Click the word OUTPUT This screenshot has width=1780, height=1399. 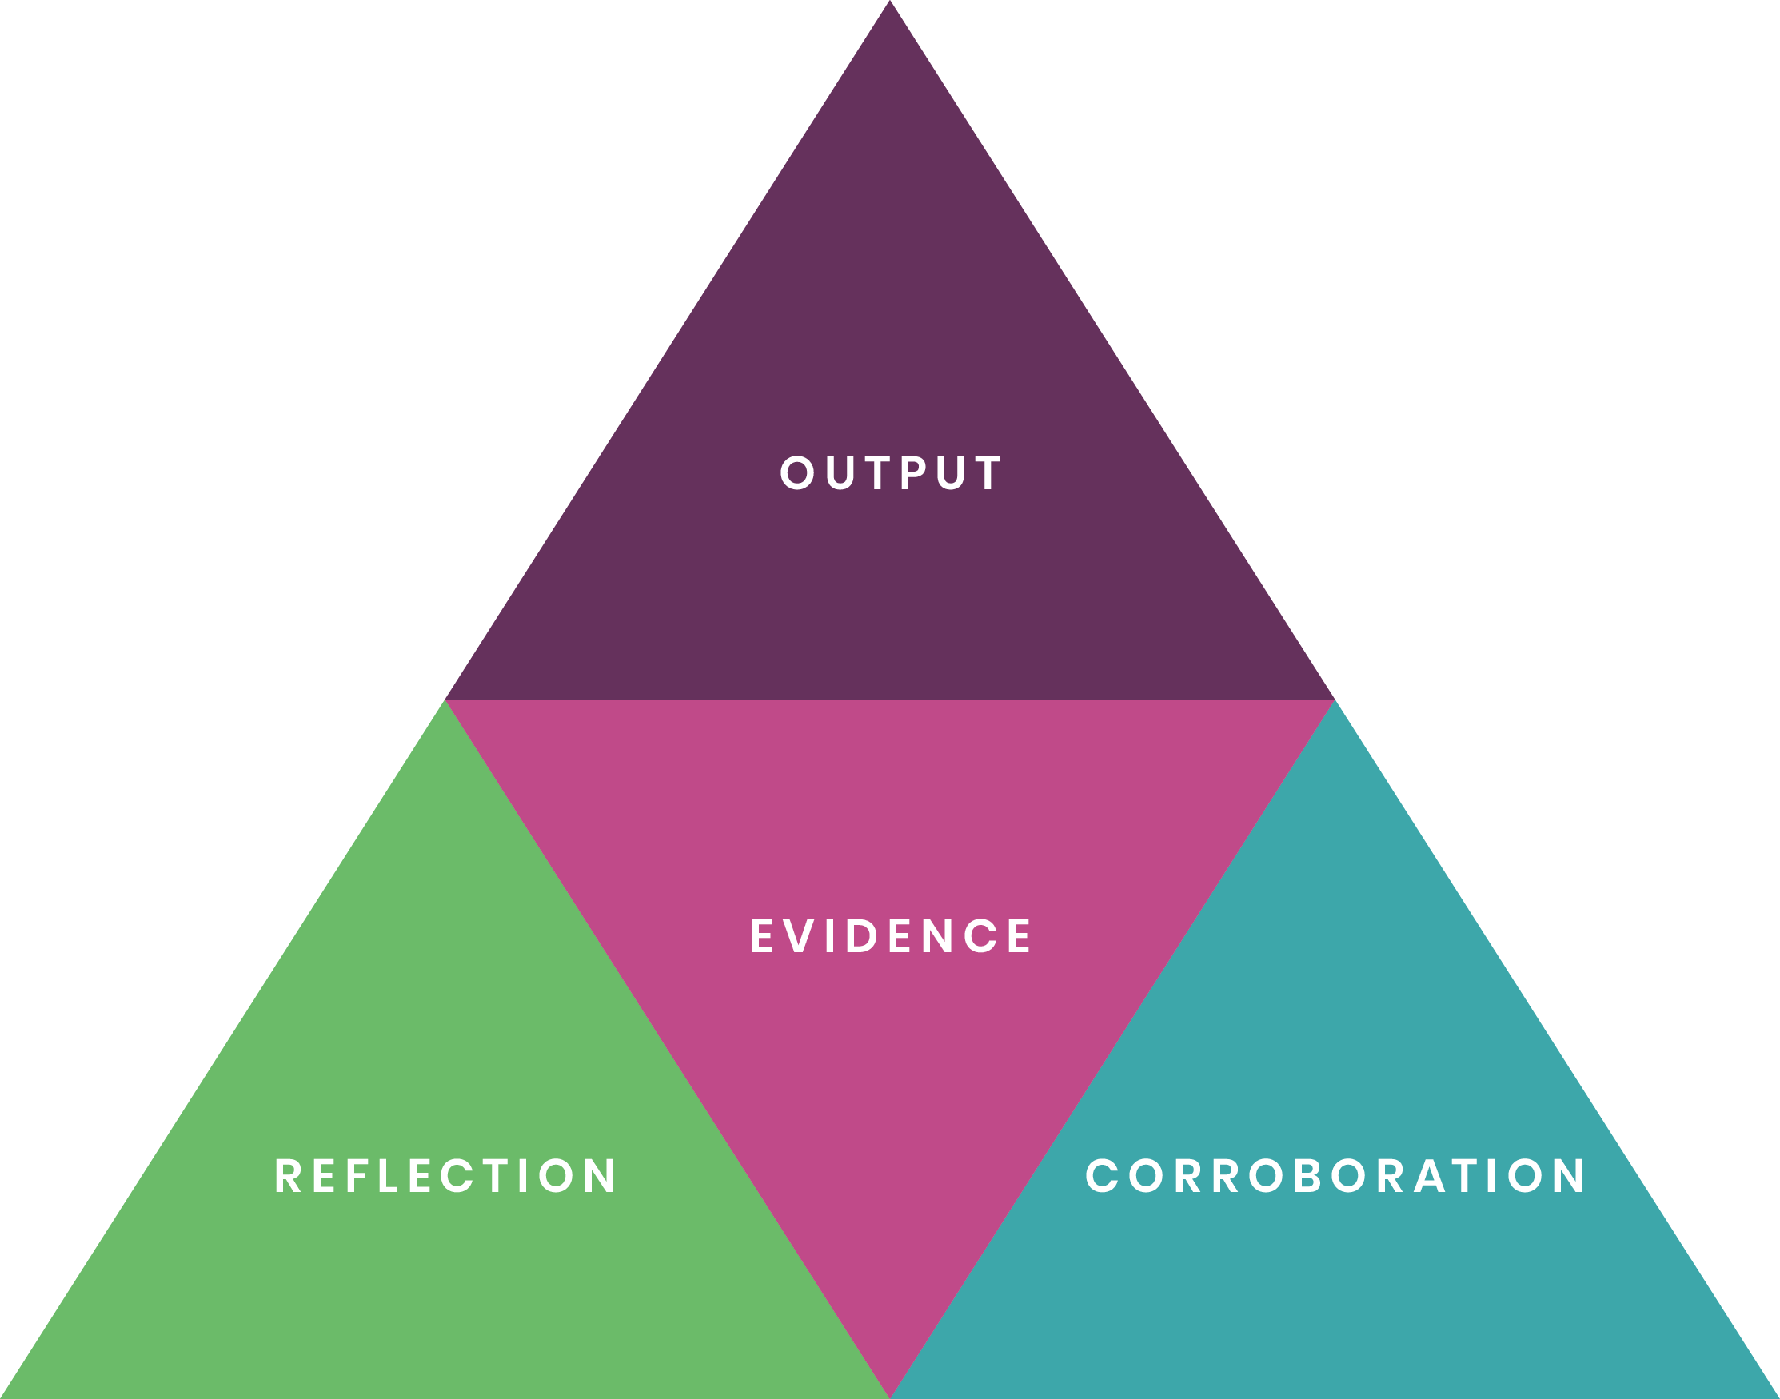(891, 472)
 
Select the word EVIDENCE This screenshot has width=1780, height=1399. (891, 935)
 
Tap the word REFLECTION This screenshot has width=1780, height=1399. (445, 1175)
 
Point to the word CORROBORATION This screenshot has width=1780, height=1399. (1335, 1175)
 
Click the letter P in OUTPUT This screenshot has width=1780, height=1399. (912, 472)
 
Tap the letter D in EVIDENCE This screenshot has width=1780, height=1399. (862, 935)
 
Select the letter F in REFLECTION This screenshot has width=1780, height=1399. (355, 1175)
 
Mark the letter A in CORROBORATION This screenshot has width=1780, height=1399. (1429, 1175)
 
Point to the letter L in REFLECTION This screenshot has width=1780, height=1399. (388, 1175)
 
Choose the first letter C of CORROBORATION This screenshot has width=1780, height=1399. (1102, 1175)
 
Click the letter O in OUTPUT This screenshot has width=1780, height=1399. (797, 472)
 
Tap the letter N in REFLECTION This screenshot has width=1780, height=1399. (600, 1175)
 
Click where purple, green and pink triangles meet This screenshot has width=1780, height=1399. (445, 699)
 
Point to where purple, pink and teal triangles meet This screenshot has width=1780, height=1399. (1335, 699)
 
